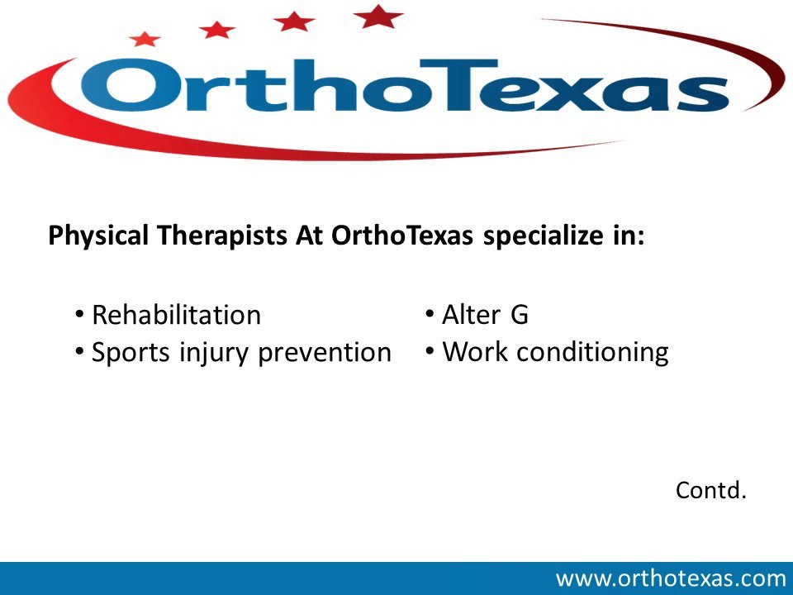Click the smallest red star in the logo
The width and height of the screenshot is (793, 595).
145,38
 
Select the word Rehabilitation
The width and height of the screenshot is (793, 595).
176,315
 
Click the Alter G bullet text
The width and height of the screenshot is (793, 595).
485,315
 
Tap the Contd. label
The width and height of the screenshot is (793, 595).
710,490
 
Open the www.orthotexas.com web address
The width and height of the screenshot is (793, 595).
670,578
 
